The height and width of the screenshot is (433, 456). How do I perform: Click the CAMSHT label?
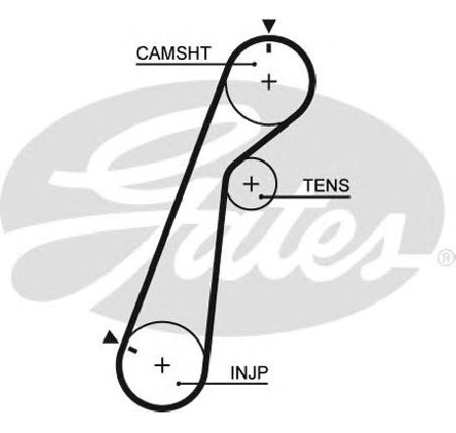(173, 53)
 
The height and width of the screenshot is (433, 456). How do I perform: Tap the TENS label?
(326, 186)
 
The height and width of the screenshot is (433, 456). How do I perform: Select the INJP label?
(250, 373)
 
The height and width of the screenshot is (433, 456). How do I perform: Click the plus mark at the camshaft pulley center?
(269, 81)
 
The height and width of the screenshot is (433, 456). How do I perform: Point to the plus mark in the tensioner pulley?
(252, 184)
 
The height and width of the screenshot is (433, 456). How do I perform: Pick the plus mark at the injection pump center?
(162, 365)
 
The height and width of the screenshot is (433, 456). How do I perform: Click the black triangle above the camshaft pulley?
(269, 27)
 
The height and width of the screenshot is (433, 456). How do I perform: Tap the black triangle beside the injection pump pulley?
(110, 338)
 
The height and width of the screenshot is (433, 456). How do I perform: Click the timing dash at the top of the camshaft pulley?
(269, 48)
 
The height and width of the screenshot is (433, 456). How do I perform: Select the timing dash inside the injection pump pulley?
(132, 350)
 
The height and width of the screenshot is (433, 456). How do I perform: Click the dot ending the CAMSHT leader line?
(255, 64)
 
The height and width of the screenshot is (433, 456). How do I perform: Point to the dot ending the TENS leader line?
(261, 196)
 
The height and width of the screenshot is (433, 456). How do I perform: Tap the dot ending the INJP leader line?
(179, 383)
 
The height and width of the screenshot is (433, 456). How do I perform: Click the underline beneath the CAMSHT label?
(196, 64)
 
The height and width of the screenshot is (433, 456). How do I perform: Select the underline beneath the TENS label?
(307, 196)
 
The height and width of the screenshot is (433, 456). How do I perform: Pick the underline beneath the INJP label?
(223, 383)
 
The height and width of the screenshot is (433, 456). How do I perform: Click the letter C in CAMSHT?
(142, 53)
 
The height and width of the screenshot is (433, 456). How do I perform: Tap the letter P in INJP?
(263, 373)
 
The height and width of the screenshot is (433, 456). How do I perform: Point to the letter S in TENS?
(343, 186)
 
